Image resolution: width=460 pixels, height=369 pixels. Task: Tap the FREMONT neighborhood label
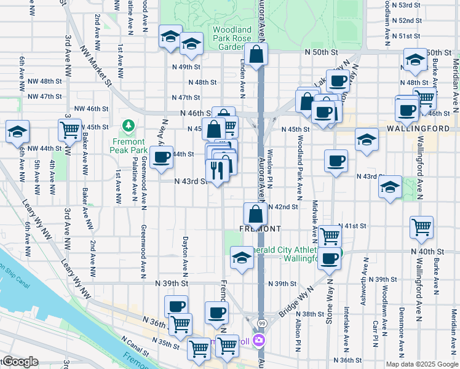263,229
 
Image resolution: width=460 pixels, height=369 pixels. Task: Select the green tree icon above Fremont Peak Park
129,127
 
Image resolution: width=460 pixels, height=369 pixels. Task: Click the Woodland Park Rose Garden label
231,38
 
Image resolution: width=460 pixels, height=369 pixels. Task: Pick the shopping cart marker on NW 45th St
69,129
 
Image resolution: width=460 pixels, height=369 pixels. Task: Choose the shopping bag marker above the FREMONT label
255,214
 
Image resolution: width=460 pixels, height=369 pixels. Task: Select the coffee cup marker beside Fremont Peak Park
162,157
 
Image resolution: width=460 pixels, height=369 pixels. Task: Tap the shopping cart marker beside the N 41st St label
330,235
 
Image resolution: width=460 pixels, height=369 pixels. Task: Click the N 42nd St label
284,207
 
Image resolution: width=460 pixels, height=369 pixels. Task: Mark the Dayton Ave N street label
184,256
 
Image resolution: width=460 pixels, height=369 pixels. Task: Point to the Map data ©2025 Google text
422,364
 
